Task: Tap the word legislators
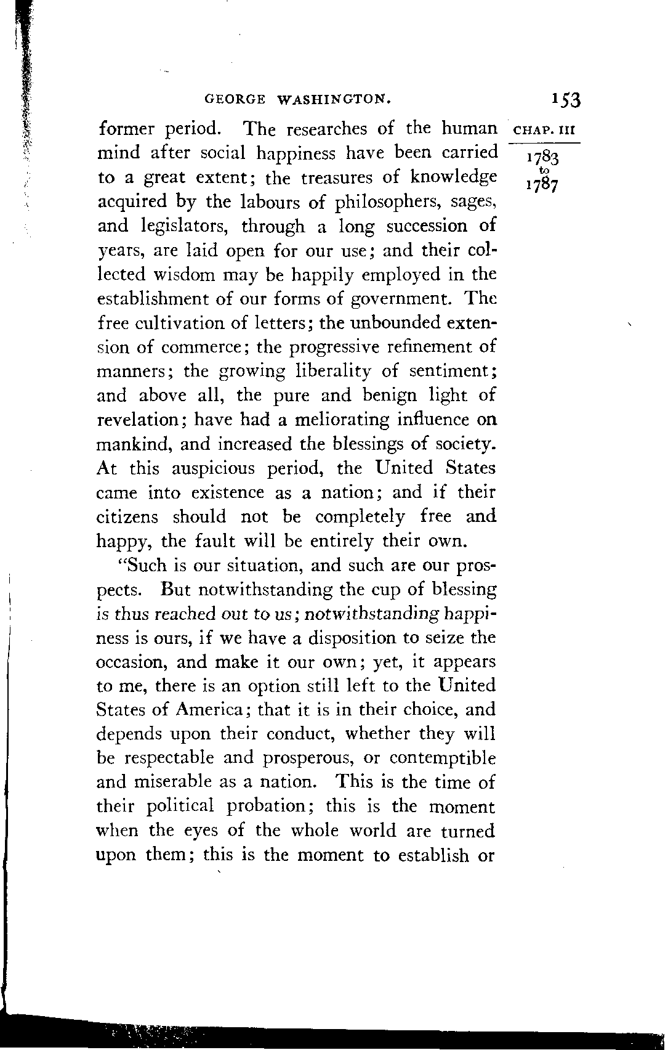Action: coord(185,227)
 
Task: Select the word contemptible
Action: coord(441,759)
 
